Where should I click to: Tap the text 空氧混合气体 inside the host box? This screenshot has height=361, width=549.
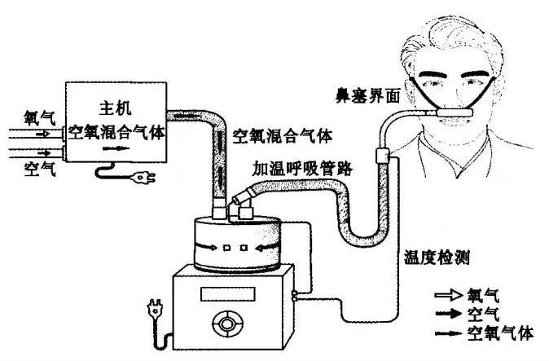click(117, 130)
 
